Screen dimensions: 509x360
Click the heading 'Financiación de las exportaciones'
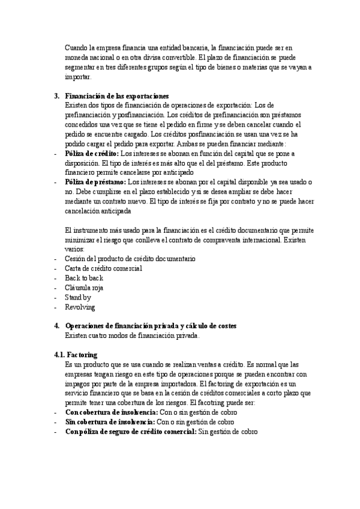117,96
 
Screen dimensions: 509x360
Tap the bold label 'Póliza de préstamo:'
95,182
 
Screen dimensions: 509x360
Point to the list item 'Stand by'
78,297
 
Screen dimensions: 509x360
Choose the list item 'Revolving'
80,307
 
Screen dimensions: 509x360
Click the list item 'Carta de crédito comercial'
103,268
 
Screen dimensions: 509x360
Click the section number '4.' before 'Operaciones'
57,326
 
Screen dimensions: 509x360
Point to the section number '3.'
57,96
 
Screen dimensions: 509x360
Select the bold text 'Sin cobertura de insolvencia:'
110,422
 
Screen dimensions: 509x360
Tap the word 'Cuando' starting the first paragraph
77,48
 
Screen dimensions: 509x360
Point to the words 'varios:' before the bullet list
75,249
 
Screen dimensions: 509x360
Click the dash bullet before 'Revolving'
56,307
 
